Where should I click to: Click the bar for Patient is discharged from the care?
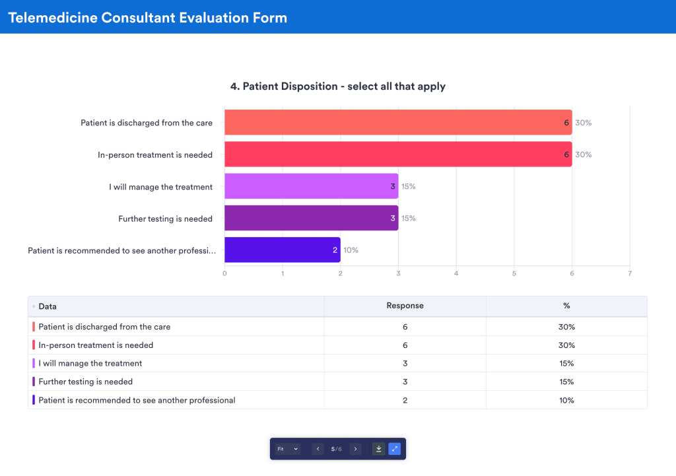397,123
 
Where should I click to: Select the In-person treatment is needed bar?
397,154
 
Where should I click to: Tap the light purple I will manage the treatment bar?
311,186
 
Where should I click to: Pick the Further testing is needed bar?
311,218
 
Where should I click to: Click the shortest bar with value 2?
282,250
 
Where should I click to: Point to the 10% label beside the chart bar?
351,250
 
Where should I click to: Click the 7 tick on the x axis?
630,273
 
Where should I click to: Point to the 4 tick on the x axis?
456,273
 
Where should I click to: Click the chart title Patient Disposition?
337,86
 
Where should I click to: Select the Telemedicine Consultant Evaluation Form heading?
148,18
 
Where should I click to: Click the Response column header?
405,306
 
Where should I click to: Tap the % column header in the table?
566,306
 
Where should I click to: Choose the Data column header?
48,306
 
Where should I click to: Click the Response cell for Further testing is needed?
405,382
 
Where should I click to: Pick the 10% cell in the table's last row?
566,400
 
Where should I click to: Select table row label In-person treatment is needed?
96,345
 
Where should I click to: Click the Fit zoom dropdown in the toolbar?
288,449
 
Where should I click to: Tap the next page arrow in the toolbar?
356,449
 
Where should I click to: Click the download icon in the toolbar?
379,449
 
